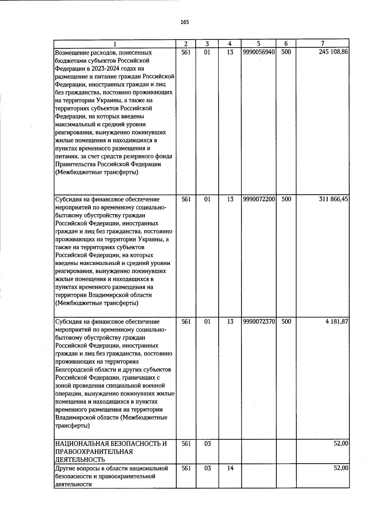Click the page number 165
pos(185,22)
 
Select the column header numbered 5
pos(259,44)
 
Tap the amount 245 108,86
pos(333,52)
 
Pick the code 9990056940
pos(259,52)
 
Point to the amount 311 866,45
pos(334,199)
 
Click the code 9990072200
pos(259,199)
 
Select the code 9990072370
pos(259,322)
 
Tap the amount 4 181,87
pos(337,322)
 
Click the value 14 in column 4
pos(230,468)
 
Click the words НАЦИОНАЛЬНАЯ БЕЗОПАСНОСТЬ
pos(111,444)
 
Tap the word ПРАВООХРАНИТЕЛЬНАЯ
pos(94,452)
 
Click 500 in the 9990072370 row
pos(286,322)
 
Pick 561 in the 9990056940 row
pos(186,52)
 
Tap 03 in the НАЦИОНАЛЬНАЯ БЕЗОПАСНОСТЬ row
pos(207,444)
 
